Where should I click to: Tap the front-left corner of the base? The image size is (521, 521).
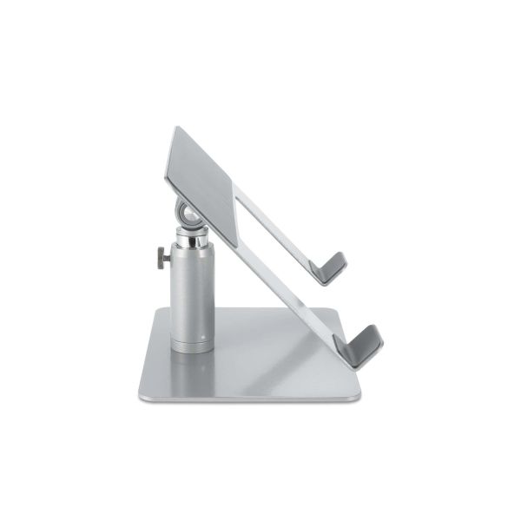point(142,395)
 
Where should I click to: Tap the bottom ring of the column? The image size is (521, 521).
point(193,346)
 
